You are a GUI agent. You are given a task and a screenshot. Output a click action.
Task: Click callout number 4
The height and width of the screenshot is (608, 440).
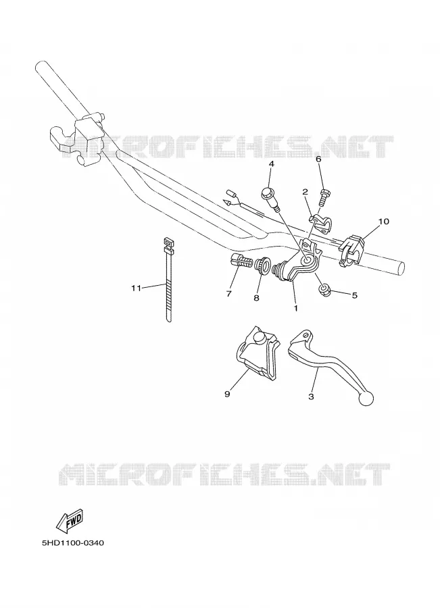271,164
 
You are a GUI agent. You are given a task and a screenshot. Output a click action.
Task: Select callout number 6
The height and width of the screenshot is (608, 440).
318,159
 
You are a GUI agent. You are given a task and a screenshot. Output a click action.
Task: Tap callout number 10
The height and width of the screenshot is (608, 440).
383,222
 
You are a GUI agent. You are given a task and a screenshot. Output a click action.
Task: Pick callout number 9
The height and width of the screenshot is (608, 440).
227,394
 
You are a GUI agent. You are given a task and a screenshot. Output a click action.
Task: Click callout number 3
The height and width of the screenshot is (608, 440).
311,397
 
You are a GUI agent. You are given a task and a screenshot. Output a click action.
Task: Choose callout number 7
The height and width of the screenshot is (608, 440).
228,294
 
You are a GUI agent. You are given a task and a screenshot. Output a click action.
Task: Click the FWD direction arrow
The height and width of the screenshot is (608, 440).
70,522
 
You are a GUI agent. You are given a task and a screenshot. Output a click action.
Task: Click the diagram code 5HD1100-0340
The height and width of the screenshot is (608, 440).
73,543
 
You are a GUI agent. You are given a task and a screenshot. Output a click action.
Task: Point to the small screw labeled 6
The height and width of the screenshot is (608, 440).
324,197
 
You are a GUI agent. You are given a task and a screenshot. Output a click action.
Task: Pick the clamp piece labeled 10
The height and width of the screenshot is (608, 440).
351,251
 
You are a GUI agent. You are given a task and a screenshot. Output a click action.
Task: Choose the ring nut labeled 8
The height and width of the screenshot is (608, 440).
261,266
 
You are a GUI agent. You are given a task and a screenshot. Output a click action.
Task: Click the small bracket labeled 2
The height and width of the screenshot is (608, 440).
321,224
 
